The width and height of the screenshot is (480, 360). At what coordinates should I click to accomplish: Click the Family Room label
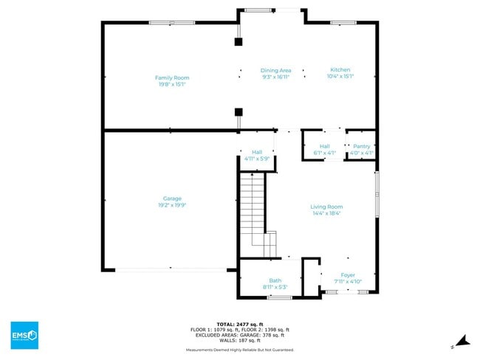point(172,77)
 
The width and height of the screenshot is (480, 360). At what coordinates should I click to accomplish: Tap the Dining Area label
point(275,70)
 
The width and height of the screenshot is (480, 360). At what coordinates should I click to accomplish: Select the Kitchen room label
point(340,69)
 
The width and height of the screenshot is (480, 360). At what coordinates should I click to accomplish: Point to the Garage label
point(172,198)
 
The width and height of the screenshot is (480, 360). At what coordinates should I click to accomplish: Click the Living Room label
point(326,207)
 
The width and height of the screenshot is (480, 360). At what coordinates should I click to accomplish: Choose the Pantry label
point(361,146)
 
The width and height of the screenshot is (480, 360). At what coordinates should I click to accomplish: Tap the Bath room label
point(275,280)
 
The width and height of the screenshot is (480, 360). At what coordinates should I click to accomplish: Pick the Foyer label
point(348,275)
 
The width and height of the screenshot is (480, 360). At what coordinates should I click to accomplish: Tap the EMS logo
point(24,334)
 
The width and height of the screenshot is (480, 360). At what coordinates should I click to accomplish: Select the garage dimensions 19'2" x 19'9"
point(172,204)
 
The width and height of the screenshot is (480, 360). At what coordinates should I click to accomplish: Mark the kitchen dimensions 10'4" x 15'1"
point(340,76)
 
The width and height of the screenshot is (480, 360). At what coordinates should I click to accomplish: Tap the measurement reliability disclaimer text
point(240,350)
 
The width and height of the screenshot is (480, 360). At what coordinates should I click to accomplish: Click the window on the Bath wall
point(280,297)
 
